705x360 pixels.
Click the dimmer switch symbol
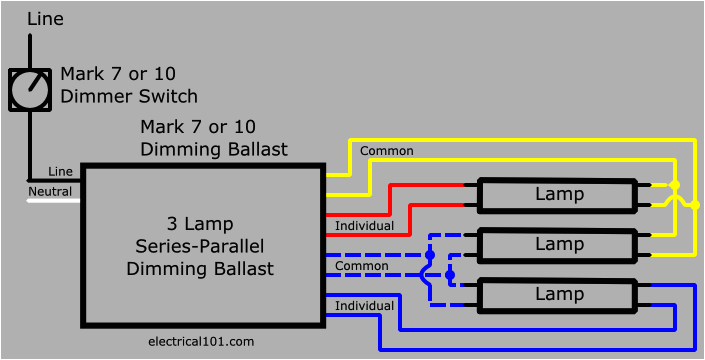[30, 90]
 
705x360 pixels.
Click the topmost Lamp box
[558, 195]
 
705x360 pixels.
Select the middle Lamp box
[558, 244]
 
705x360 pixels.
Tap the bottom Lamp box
[558, 294]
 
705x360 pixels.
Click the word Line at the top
[47, 19]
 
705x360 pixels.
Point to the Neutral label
[49, 191]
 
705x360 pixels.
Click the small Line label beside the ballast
[60, 172]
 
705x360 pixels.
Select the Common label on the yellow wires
[387, 151]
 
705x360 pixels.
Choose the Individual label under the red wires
[364, 225]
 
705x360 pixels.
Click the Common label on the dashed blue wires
[362, 266]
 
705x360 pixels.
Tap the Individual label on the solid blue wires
[364, 305]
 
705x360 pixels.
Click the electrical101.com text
[200, 341]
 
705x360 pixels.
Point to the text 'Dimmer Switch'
[129, 97]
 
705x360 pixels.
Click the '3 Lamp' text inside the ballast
[200, 223]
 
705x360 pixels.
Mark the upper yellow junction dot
[675, 186]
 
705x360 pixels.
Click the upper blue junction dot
[430, 255]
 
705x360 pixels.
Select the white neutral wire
[52, 201]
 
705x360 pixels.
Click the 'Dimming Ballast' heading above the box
[214, 150]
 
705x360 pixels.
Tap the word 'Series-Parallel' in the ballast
[200, 246]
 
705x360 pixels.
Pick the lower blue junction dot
[450, 273]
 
